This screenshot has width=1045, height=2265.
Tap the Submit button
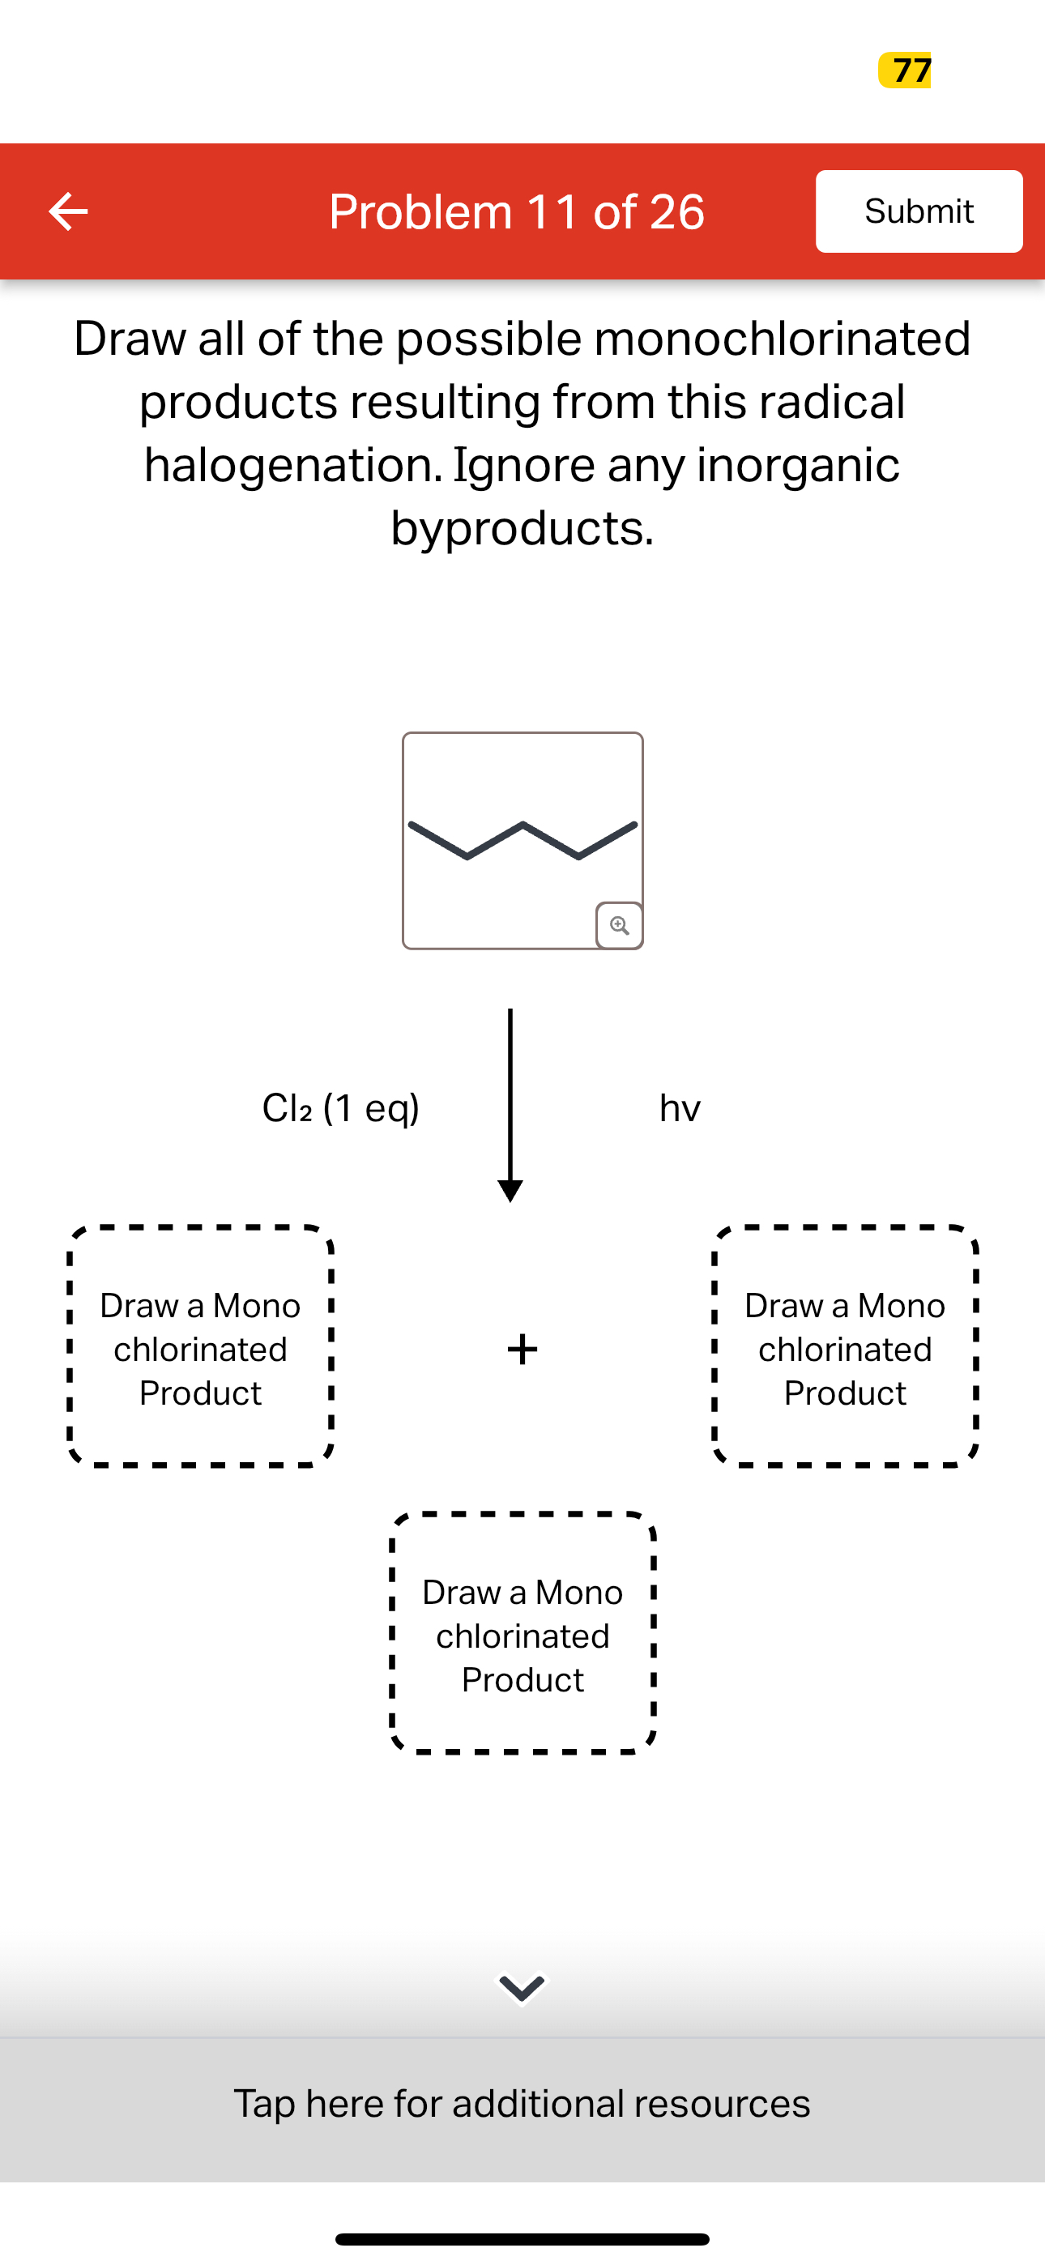(x=919, y=211)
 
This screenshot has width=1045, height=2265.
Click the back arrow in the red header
(x=68, y=211)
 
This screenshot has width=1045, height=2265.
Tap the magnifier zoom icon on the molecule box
(x=619, y=925)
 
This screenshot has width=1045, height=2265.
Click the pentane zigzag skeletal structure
(x=522, y=840)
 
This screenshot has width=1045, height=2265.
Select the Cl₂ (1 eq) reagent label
(x=340, y=1108)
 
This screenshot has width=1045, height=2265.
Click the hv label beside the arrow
(x=680, y=1108)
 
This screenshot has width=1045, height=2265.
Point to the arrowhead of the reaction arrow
(x=510, y=1191)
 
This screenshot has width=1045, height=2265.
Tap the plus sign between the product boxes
(x=522, y=1349)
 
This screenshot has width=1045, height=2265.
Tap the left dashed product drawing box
(x=201, y=1347)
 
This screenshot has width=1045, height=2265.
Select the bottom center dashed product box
(x=522, y=1634)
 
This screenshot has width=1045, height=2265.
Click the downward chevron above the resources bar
(x=522, y=1987)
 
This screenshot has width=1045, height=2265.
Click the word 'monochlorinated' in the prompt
(x=782, y=339)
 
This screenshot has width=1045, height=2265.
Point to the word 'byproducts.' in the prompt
(x=522, y=528)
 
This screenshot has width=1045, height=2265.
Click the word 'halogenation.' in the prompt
(x=293, y=465)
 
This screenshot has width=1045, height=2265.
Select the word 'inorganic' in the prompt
(x=798, y=465)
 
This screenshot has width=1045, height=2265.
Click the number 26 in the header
(x=676, y=212)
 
